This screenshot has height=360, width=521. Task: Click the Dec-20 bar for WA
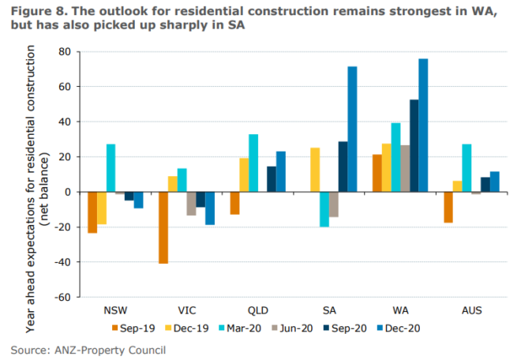coord(423,126)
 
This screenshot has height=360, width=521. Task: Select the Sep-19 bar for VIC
coord(163,227)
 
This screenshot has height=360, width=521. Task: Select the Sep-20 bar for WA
coord(414,146)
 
